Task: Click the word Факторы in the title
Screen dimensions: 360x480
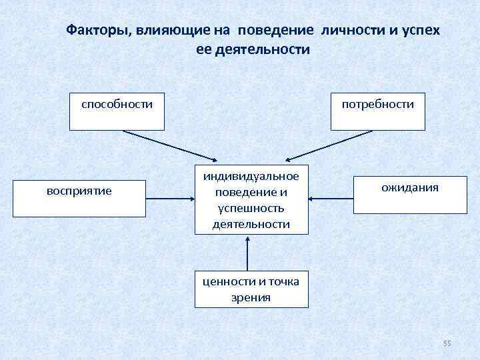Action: point(98,31)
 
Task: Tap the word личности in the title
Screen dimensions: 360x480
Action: point(346,31)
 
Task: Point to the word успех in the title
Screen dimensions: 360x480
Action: point(419,31)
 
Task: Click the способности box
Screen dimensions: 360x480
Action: point(117,111)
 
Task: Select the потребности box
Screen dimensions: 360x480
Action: point(378,111)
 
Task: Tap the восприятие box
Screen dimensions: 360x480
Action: point(79,198)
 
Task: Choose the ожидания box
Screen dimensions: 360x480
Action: point(409,195)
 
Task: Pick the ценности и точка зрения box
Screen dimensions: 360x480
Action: point(251,289)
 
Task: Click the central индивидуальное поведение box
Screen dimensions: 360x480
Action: point(251,199)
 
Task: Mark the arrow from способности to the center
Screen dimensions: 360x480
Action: point(170,145)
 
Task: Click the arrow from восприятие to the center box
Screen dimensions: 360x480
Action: point(170,198)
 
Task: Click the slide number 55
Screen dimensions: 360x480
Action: point(447,343)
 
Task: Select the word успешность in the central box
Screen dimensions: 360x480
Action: point(251,207)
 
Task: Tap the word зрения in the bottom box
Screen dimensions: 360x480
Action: point(251,297)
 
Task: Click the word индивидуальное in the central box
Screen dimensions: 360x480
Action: point(251,175)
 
